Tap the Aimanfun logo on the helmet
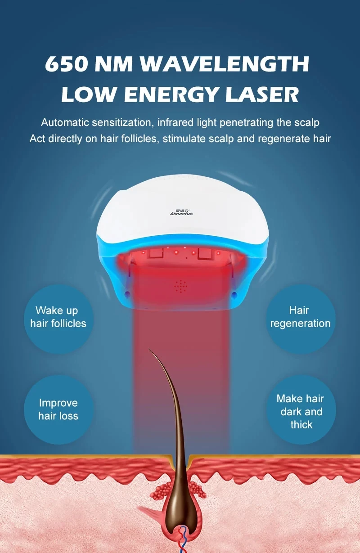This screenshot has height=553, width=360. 182,212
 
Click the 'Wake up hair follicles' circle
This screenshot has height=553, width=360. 58,317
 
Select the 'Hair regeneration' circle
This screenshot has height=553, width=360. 300,317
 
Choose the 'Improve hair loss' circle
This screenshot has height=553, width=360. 58,409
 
